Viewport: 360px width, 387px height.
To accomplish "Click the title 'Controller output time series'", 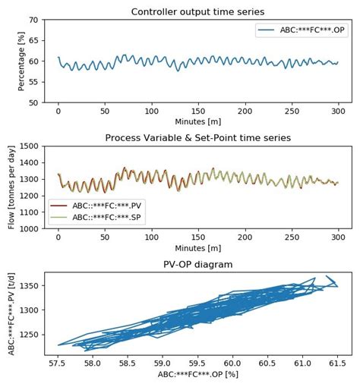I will point(197,11).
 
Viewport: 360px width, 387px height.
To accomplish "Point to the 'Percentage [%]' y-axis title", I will point(21,61).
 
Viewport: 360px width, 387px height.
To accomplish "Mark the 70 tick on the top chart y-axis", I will point(35,20).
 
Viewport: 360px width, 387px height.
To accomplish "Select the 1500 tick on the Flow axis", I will point(30,146).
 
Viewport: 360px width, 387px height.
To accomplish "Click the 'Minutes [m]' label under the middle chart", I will point(197,247).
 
